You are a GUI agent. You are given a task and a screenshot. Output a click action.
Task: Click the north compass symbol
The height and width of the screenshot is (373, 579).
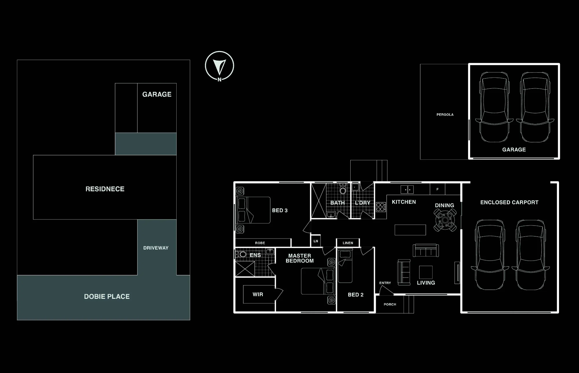[x=219, y=66]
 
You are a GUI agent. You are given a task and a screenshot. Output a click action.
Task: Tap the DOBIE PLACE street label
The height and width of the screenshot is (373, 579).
[x=107, y=296]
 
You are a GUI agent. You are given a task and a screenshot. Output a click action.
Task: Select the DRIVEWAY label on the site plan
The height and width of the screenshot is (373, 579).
[x=156, y=248]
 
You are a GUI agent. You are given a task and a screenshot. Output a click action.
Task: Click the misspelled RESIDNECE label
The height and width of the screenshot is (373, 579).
[x=105, y=189]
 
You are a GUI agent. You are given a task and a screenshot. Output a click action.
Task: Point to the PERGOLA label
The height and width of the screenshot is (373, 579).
[x=445, y=114]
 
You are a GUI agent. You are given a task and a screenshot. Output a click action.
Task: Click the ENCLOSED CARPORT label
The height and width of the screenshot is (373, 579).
[x=509, y=202]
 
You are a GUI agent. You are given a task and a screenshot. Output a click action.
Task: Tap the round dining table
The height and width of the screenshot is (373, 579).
[x=445, y=220]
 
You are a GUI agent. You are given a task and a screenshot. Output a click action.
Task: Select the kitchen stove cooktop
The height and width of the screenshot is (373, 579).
[x=381, y=207]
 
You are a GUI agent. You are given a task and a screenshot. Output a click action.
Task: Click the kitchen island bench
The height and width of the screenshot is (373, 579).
[x=410, y=230]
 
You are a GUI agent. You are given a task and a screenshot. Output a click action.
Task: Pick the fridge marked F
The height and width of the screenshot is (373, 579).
[x=437, y=189]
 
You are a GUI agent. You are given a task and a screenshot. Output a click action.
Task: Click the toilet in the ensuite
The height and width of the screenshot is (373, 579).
[x=241, y=254]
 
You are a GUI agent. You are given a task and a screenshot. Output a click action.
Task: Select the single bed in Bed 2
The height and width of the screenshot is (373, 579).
[x=345, y=267]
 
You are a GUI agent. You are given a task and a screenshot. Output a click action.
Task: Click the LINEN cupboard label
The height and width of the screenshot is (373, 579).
[x=348, y=243]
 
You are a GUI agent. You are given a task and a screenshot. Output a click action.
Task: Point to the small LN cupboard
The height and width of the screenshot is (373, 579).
[x=316, y=241]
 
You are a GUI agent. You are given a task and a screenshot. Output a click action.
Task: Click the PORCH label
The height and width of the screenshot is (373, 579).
[x=390, y=304]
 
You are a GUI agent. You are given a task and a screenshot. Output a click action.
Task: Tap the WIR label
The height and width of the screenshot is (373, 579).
[x=258, y=294]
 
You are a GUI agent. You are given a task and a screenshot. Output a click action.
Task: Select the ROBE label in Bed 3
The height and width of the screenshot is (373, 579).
[x=260, y=243]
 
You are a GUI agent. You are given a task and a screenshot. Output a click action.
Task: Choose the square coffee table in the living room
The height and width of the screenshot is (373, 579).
[x=426, y=272]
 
